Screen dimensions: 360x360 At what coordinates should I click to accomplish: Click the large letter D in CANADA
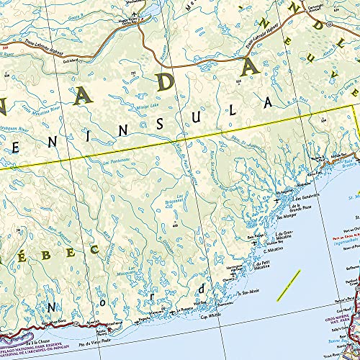166,81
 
